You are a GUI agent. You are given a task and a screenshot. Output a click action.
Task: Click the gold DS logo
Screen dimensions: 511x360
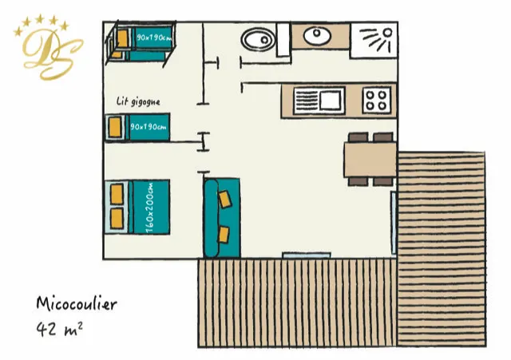[x=48, y=48]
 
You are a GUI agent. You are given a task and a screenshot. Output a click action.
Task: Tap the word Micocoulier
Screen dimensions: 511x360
[x=77, y=303]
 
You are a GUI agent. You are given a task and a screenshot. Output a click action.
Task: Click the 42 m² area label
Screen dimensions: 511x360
[x=59, y=329]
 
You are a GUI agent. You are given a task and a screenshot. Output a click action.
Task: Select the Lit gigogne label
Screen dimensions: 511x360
[x=138, y=101]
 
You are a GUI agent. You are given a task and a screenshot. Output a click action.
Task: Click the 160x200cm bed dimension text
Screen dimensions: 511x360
[x=150, y=208]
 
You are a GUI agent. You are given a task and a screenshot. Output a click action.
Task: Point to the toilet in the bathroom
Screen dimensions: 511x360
[x=259, y=39]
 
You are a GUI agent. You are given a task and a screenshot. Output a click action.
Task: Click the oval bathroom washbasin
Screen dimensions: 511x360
[x=317, y=35]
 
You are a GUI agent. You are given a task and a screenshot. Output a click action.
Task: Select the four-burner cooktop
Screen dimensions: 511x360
[x=377, y=101]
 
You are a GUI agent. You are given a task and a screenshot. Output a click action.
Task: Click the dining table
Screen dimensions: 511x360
[x=370, y=160]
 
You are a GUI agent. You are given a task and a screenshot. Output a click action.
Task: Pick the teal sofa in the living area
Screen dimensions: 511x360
[x=222, y=218]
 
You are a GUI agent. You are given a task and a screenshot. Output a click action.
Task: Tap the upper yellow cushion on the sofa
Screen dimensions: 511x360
[x=225, y=199]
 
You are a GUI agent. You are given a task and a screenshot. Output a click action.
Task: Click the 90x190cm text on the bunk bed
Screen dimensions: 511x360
[x=154, y=38]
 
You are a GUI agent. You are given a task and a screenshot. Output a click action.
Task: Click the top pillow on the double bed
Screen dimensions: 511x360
[x=117, y=194]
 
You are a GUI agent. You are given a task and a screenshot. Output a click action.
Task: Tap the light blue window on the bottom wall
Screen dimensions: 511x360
[x=307, y=255]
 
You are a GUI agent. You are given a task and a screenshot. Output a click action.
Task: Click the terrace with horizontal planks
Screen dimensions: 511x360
[x=442, y=249]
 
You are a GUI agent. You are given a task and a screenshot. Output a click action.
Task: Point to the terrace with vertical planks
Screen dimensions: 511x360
[x=298, y=303]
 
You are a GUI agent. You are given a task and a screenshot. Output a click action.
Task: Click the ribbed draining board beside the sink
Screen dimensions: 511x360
[x=307, y=101]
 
